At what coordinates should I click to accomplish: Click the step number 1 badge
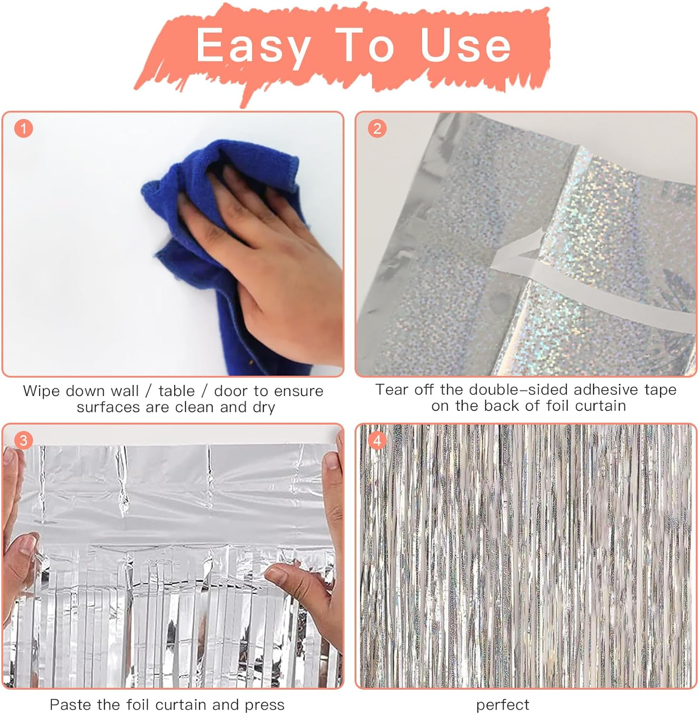pos(23,129)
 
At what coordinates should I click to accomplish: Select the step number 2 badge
pos(377,129)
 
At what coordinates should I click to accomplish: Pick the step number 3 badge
pos(23,440)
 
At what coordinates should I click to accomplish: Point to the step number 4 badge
pos(377,440)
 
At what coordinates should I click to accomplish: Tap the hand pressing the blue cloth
pos(266,248)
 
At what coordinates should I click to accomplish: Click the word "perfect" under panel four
pos(502,704)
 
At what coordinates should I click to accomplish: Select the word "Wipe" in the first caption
pos(42,391)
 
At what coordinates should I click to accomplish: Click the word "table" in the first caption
pos(177,391)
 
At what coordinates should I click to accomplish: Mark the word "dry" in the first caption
pos(264,407)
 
